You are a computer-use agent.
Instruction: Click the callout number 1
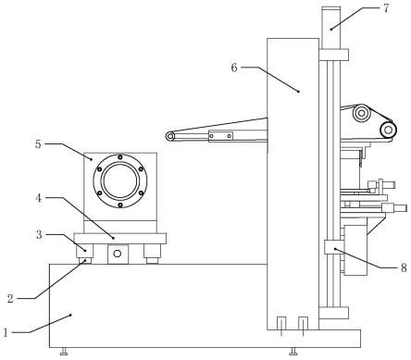click(x=5, y=332)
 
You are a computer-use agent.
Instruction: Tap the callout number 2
click(x=10, y=299)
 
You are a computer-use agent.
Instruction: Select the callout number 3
click(x=39, y=235)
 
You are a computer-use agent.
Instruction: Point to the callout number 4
click(x=38, y=198)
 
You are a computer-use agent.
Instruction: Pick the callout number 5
click(x=38, y=143)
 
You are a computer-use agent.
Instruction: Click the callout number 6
click(x=234, y=68)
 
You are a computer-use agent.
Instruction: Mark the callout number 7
click(x=386, y=8)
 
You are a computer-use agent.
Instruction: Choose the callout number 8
click(x=404, y=267)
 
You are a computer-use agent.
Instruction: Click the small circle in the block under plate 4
click(x=118, y=254)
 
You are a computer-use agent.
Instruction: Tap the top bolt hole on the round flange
click(x=120, y=157)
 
